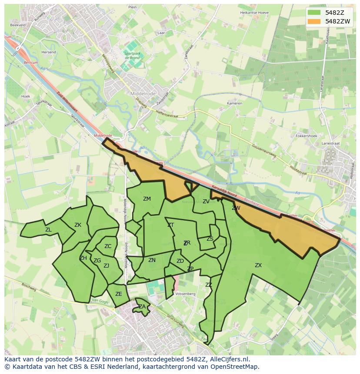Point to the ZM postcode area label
click(x=147, y=199)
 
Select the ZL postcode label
click(x=48, y=230)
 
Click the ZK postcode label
click(x=78, y=225)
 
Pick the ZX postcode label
click(x=258, y=265)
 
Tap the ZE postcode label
click(x=119, y=294)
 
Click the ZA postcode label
click(x=142, y=307)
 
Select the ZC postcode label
click(x=108, y=246)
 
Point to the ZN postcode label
click(x=152, y=260)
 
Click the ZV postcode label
click(x=206, y=202)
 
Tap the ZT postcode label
click(x=170, y=225)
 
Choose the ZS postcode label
click(x=210, y=239)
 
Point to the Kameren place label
click(x=234, y=104)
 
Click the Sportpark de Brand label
click(x=132, y=55)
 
